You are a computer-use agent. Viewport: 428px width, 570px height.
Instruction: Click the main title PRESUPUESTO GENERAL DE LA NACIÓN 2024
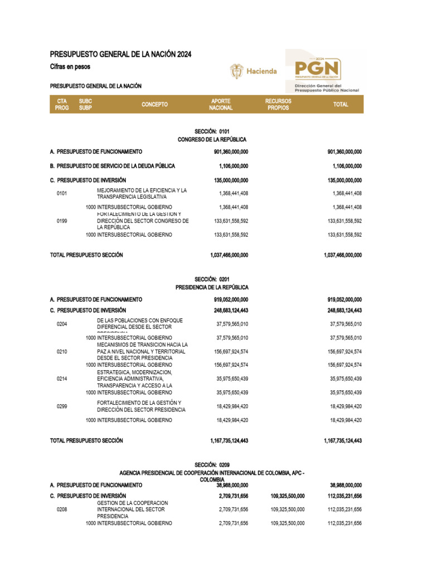point(120,54)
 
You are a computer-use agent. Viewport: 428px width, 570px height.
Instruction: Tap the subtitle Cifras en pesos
point(70,67)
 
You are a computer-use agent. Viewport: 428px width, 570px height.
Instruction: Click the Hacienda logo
point(254,71)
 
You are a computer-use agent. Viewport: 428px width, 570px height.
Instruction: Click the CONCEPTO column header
point(154,104)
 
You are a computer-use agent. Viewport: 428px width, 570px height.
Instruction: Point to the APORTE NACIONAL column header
point(221,104)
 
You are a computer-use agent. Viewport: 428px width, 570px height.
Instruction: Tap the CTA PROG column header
point(62,104)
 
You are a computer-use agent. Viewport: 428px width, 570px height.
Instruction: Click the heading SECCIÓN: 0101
point(212,131)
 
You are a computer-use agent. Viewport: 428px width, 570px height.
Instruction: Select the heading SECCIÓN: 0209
point(212,464)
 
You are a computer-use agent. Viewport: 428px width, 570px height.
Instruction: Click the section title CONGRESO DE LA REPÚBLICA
point(212,139)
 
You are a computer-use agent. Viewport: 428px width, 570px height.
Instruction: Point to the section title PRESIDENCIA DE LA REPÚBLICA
point(212,287)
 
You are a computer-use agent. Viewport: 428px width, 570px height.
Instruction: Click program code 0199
point(62,221)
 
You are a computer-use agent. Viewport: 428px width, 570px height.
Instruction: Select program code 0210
point(62,352)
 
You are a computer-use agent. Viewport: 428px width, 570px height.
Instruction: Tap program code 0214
point(62,379)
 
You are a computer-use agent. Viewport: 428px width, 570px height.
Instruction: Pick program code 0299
point(62,406)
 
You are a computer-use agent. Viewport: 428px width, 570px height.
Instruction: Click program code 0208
point(62,509)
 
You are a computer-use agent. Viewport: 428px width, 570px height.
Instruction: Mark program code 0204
point(62,324)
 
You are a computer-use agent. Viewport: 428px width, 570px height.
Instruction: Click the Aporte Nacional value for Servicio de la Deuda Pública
point(234,166)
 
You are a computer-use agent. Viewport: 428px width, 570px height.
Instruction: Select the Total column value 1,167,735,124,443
point(342,440)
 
